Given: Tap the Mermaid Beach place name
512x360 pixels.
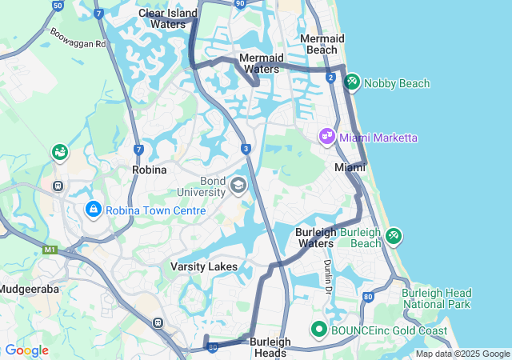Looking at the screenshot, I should pos(322,44).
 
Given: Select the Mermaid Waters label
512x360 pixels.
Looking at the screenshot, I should pos(261,63).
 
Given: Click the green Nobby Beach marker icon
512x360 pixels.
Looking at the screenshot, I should pos(352,82).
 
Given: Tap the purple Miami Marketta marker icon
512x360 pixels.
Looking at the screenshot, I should pos(326,137).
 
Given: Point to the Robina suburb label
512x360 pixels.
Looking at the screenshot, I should pos(150,170).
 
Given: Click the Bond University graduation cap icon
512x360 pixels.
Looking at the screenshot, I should pos(238,186).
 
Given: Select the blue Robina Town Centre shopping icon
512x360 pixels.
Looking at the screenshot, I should pos(94,210).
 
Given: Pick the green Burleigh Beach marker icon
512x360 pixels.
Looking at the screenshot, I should pos(393,236).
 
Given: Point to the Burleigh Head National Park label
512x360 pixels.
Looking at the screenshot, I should pos(436,298).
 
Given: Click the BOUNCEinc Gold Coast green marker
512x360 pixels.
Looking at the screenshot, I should pos(318,329).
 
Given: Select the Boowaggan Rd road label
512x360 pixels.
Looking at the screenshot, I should pos(77,37).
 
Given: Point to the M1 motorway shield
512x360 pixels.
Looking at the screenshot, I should pos(51,250).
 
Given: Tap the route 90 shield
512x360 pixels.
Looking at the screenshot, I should pos(240,4).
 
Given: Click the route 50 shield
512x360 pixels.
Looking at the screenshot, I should pos(57,5).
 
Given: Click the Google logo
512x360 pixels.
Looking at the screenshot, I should pos(26,350).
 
